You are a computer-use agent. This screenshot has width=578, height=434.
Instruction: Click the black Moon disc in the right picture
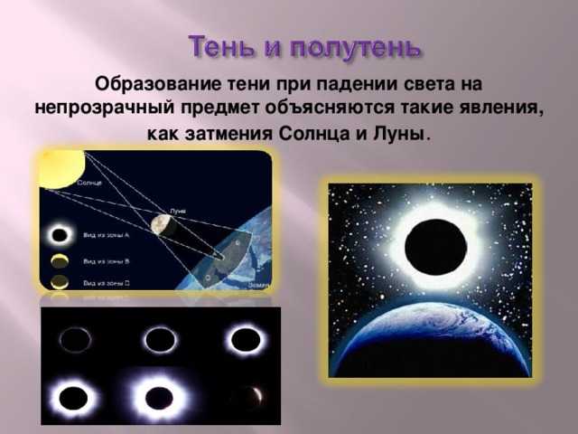click(x=431, y=244)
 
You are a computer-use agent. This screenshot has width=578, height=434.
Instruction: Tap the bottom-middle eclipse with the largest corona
click(x=159, y=395)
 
